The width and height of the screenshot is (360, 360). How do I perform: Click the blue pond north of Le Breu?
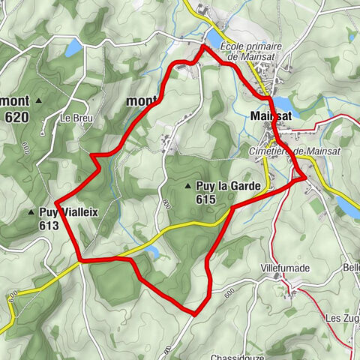click(73, 49)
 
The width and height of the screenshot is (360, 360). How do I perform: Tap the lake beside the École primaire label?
click(213, 37)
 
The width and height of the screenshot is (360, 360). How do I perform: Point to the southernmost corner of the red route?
click(193, 313)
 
